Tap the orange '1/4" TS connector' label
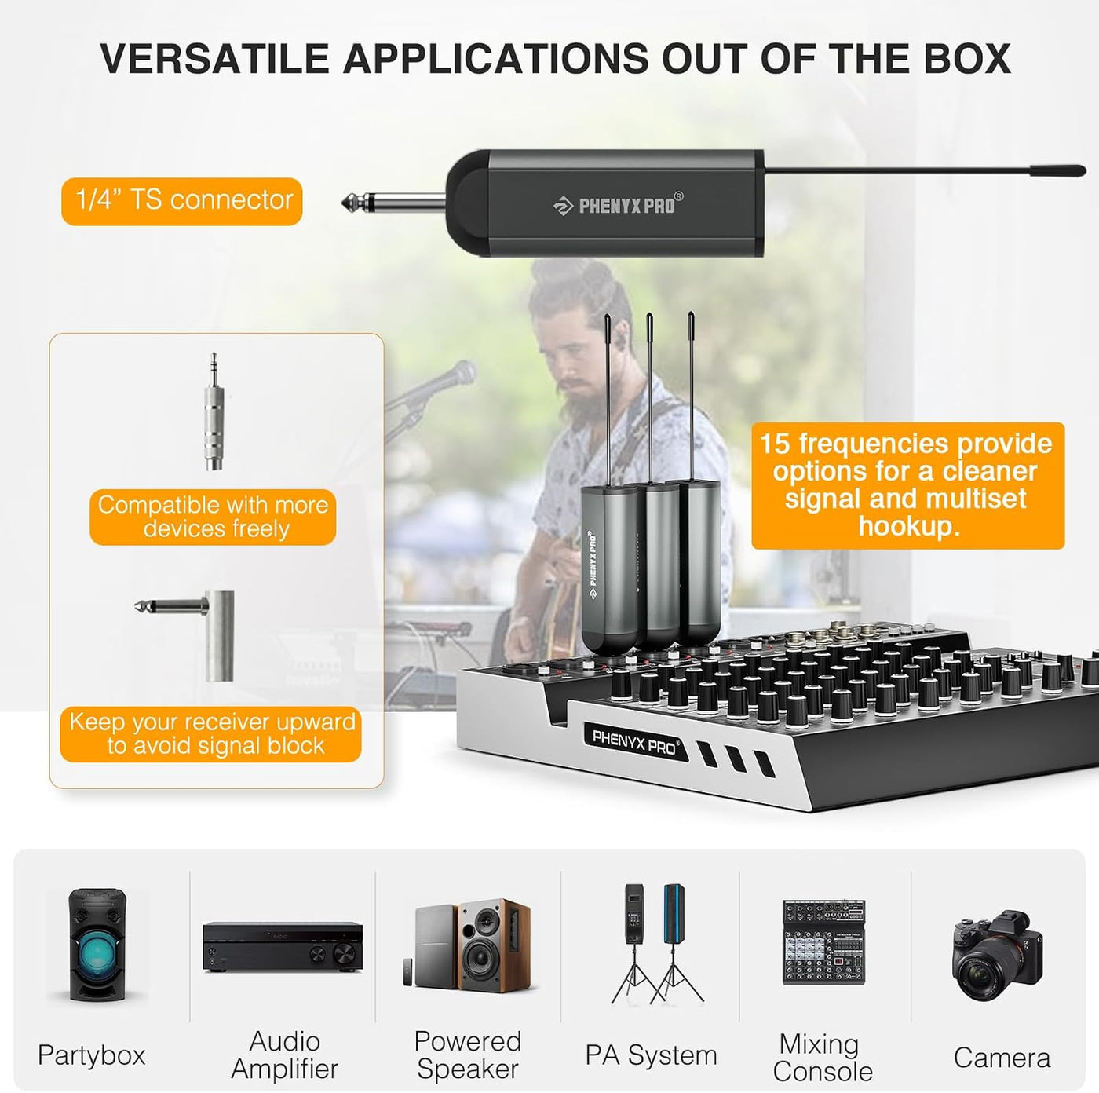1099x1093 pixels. (x=182, y=201)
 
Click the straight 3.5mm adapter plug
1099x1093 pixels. (x=214, y=411)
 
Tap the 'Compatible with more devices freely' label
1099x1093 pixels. (x=213, y=517)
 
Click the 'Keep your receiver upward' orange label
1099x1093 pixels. (x=211, y=734)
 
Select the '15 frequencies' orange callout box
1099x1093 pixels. (x=908, y=485)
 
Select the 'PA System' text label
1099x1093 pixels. (x=651, y=1055)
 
